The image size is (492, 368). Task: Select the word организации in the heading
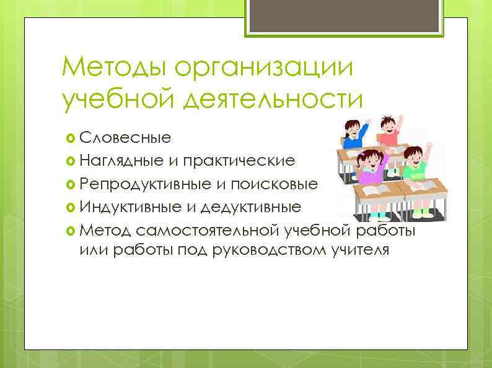coord(265,66)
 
